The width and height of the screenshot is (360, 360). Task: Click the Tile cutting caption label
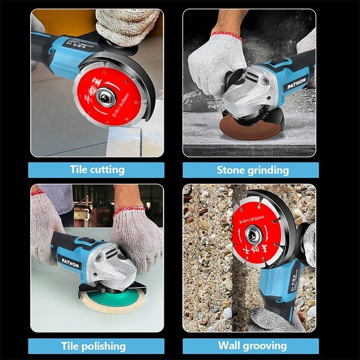coord(97,170)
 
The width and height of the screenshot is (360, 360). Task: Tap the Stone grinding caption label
coord(252,170)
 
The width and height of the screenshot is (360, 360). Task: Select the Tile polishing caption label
coord(93,346)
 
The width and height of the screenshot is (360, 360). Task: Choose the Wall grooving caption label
coord(252,346)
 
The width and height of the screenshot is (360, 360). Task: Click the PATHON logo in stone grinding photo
coord(297,82)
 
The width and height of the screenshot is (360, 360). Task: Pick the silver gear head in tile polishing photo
coord(112,268)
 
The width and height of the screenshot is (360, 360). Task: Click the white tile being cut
coord(130,142)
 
